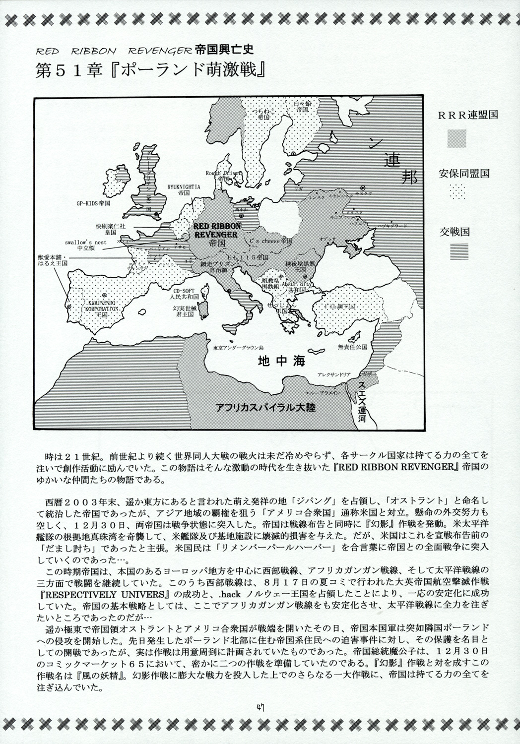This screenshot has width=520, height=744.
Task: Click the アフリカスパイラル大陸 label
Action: coord(265,408)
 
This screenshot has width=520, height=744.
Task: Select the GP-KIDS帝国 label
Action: coord(93,204)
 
